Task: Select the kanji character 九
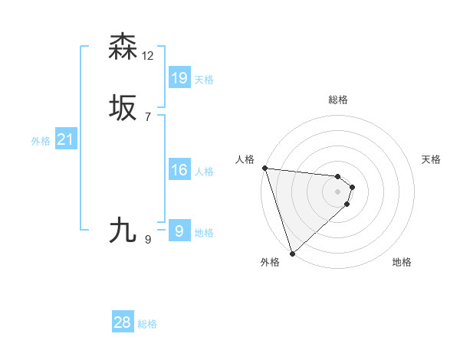point(123,229)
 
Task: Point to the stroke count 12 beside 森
point(148,55)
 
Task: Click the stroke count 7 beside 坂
point(148,117)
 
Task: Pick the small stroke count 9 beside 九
point(148,240)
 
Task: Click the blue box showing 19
point(179,77)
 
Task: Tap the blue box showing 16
point(179,169)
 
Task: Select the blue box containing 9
point(179,231)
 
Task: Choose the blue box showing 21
point(65,139)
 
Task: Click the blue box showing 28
point(123,322)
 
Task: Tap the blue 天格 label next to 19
point(204,79)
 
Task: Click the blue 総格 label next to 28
point(147,324)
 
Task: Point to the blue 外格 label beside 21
point(41,141)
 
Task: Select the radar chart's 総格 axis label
point(337,100)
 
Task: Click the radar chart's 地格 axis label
point(402,262)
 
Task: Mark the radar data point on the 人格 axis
point(264,168)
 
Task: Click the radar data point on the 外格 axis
point(291,252)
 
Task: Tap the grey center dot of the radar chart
point(337,191)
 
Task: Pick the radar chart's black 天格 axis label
point(432,159)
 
